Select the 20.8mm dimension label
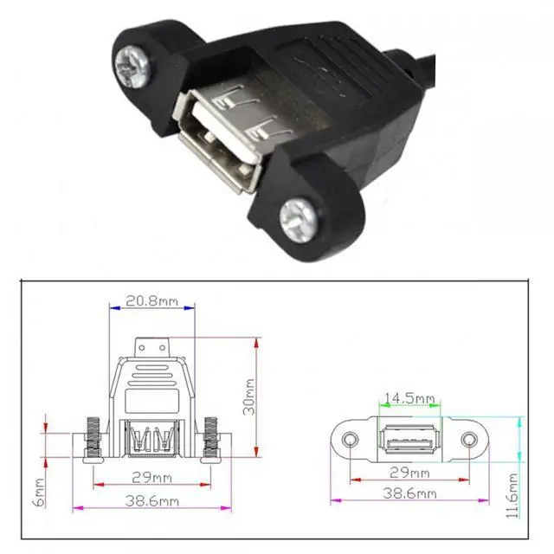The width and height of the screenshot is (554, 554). click(153, 303)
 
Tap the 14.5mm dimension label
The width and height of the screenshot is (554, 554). click(409, 398)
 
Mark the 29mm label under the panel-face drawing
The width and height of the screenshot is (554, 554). click(409, 473)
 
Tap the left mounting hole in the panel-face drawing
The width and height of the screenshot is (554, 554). click(350, 441)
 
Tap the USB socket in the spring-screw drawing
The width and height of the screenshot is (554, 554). click(152, 437)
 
